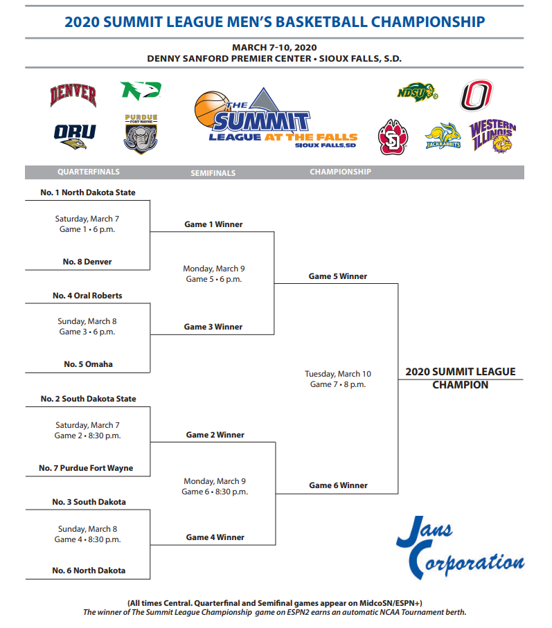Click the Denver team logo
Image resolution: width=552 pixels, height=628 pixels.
coord(73,95)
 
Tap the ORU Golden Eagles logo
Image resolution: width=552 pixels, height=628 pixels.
coord(75,135)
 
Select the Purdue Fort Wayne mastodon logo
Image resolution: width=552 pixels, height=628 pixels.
coord(141,134)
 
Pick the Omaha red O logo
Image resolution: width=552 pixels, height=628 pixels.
coord(477,96)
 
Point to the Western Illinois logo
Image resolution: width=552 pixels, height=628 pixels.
coord(493,136)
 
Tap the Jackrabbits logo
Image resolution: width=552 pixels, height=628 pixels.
coord(443,136)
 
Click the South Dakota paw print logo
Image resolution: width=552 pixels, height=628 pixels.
coord(393,136)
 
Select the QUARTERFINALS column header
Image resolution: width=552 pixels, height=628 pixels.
coord(88,172)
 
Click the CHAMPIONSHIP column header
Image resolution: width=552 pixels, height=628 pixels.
coord(340,172)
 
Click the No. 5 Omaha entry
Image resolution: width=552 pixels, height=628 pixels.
coord(88,364)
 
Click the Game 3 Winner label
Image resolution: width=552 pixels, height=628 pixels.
coord(213,327)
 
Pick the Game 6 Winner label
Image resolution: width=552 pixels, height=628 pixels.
coord(338,485)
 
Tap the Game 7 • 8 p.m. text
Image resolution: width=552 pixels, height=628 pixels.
coord(338,384)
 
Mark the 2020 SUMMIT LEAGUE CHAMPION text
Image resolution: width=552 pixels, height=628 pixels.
coord(460,378)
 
